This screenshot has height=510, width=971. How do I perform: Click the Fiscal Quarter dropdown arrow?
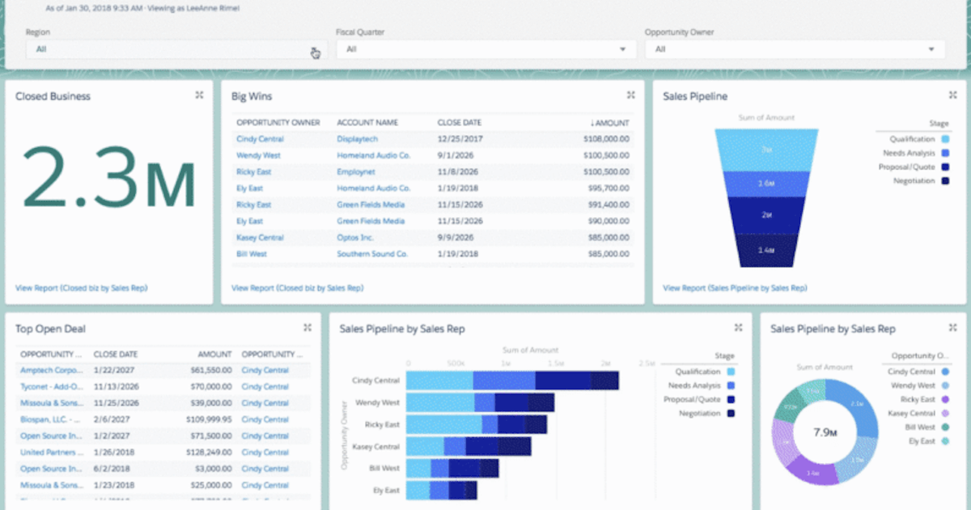click(622, 49)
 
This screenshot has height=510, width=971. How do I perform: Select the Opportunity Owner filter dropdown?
click(795, 49)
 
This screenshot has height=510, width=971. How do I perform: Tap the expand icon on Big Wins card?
click(630, 96)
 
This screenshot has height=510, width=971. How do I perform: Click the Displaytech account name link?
click(356, 139)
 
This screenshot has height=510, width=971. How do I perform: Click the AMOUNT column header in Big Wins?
click(611, 123)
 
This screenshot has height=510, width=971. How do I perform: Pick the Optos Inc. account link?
click(355, 238)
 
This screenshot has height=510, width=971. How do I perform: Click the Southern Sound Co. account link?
click(373, 254)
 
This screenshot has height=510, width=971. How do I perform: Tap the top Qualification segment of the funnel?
click(765, 150)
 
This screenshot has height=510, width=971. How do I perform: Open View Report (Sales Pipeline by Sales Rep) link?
click(734, 288)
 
